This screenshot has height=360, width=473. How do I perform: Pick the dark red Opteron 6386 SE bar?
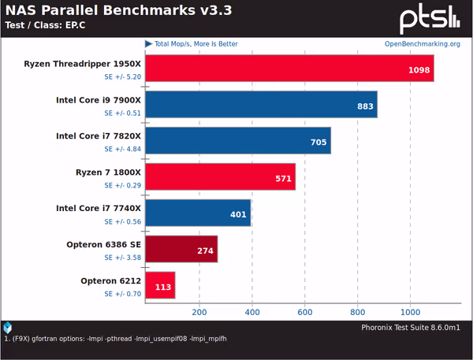[181, 250]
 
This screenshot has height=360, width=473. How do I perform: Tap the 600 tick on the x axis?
[305, 310]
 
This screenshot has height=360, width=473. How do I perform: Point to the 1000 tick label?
[410, 310]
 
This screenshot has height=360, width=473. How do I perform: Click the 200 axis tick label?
[199, 310]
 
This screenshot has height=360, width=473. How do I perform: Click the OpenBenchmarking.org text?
[422, 44]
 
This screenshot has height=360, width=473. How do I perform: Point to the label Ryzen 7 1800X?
[107, 172]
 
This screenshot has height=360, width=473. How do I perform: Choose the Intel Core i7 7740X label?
[99, 208]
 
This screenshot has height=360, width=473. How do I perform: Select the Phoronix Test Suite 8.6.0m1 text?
[410, 325]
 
